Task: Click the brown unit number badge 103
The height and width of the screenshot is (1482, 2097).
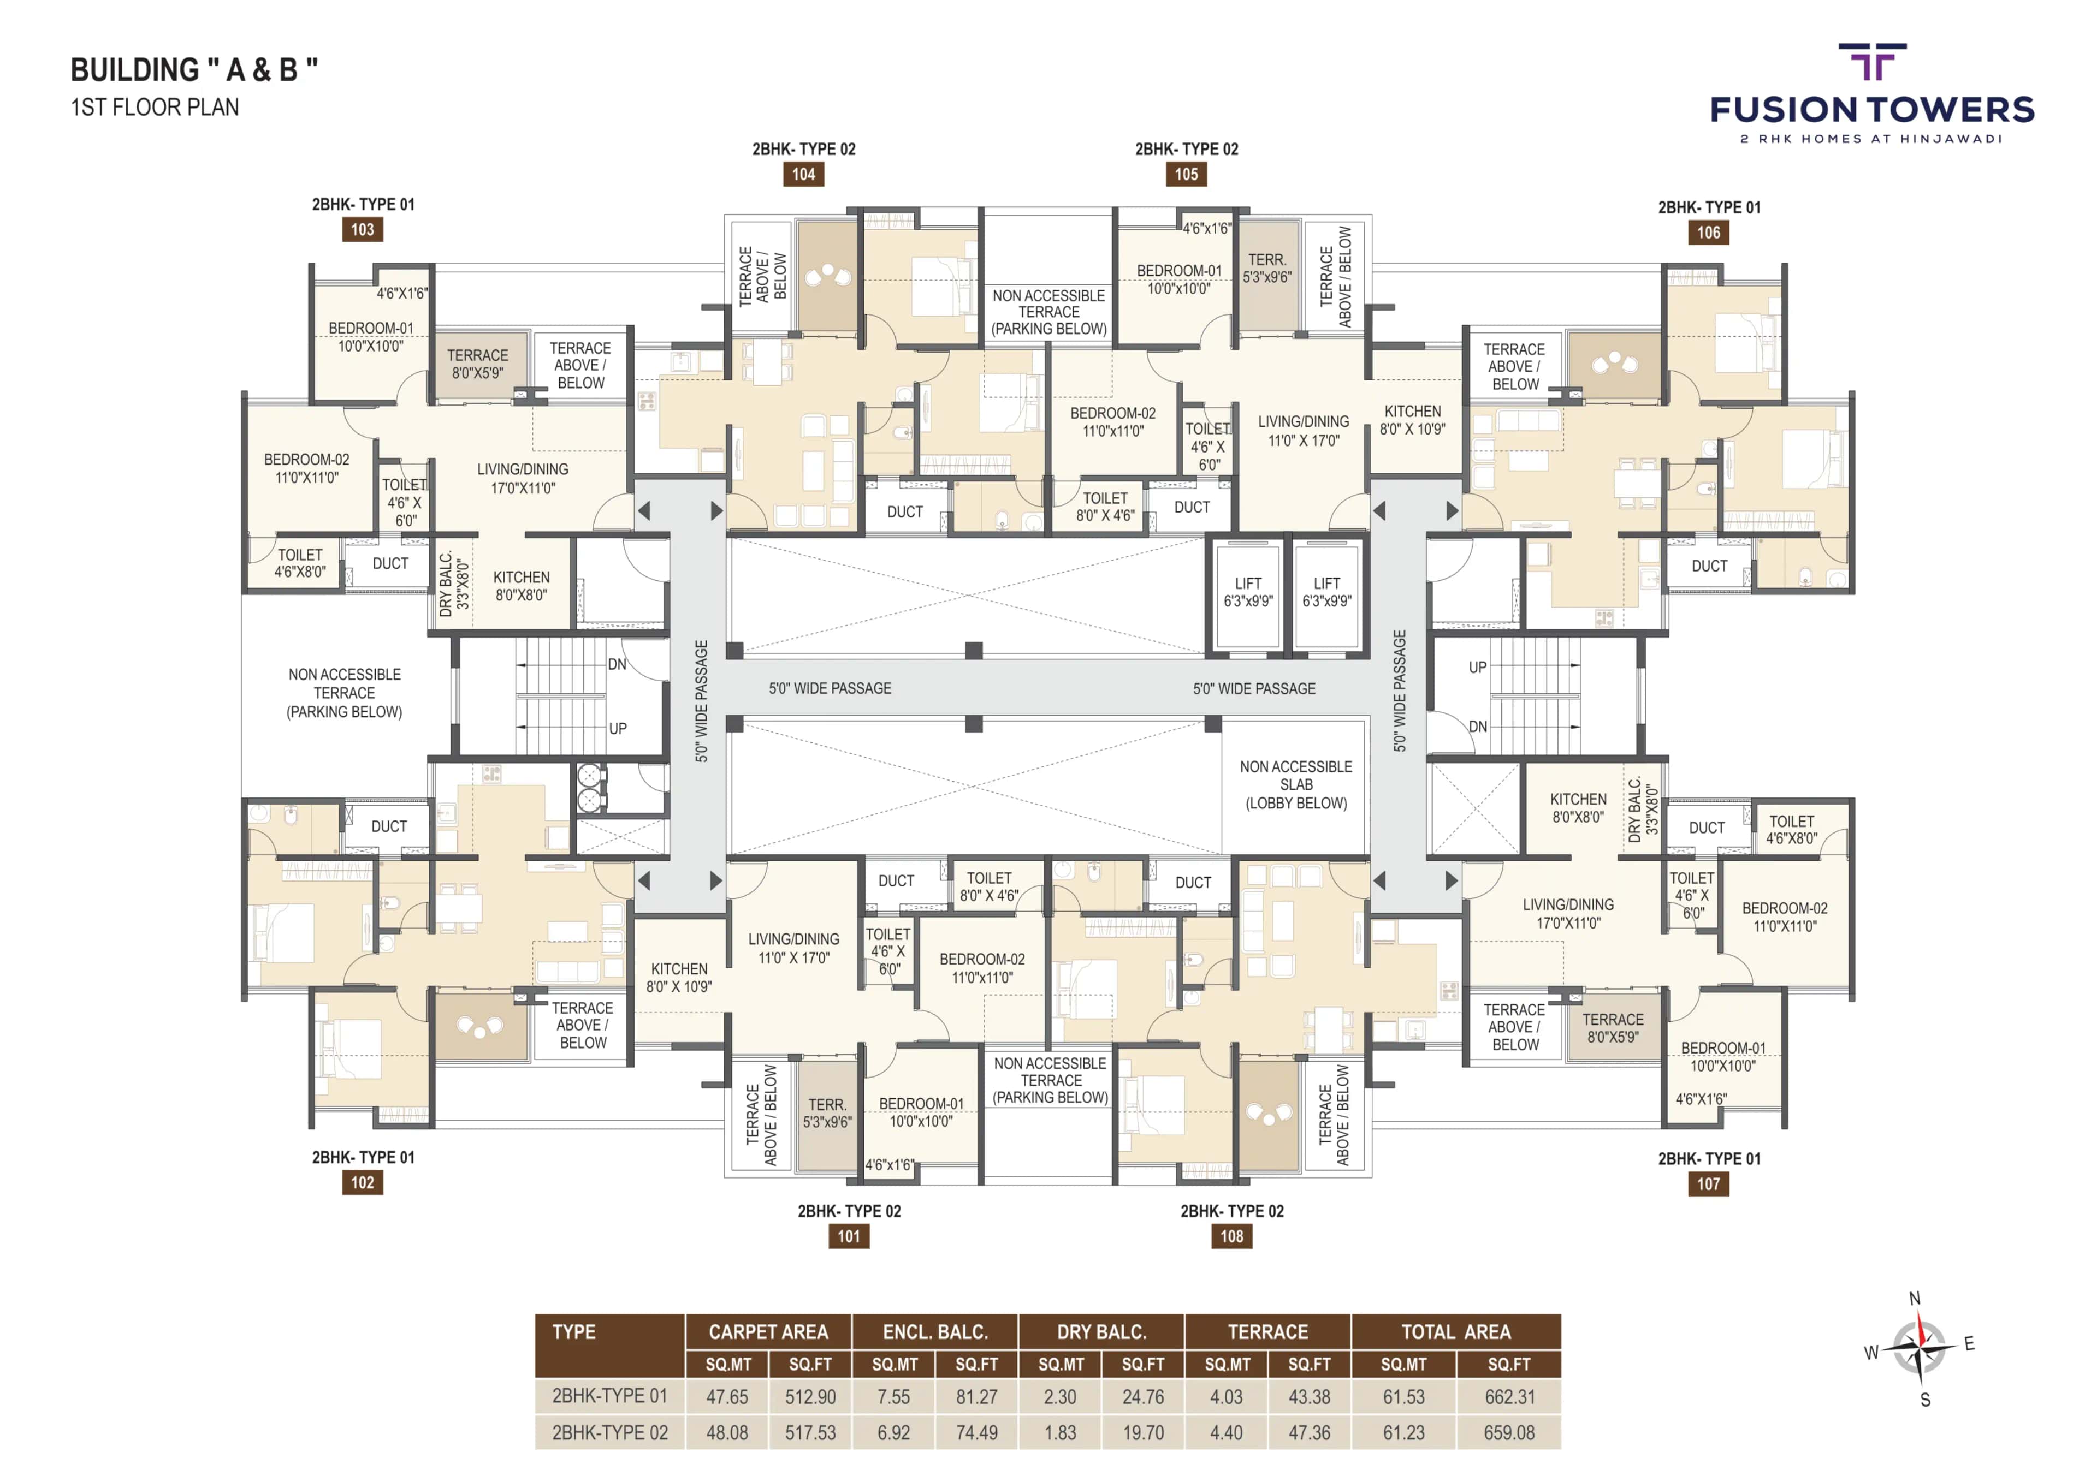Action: (363, 229)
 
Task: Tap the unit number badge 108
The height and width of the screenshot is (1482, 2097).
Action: (1231, 1236)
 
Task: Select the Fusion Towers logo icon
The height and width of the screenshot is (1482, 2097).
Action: (1873, 62)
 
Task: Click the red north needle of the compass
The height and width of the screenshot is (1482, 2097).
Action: (1921, 1329)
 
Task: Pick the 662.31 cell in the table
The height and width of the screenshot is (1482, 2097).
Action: (1509, 1397)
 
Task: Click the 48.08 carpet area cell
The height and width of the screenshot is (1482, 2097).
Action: (727, 1433)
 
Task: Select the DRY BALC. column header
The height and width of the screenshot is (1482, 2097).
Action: (1101, 1331)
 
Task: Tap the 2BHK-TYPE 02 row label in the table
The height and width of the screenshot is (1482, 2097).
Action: (609, 1433)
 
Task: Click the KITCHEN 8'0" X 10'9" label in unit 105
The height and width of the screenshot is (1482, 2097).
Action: (1412, 420)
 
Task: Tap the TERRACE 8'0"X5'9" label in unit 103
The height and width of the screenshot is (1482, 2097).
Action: (478, 364)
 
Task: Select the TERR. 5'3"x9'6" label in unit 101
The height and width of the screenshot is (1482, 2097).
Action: (827, 1113)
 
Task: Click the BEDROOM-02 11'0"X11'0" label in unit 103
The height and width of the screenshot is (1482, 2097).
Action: (307, 467)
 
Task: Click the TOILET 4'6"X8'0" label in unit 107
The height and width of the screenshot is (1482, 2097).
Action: (1791, 829)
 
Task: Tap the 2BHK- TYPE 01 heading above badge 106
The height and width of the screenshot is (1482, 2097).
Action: (1709, 207)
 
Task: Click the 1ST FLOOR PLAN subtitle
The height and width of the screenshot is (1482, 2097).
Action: (155, 108)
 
